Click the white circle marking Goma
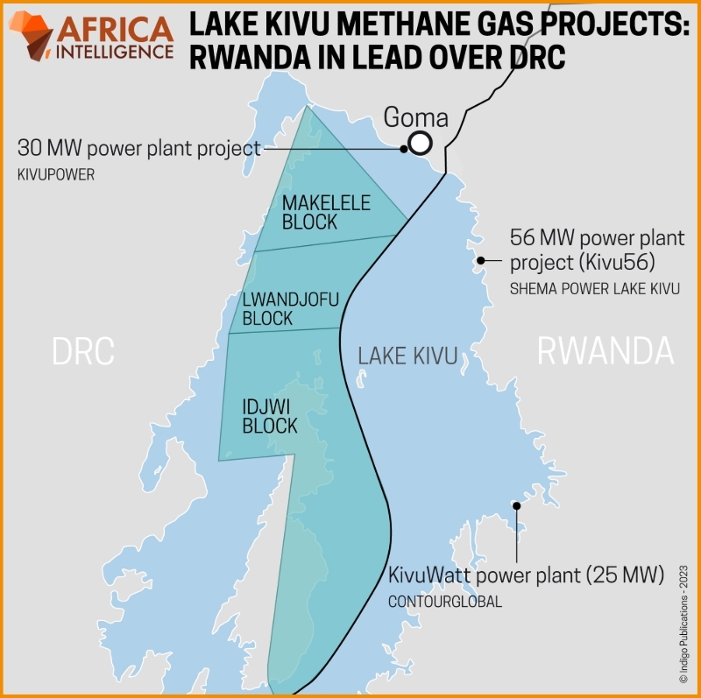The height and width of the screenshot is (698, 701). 421,143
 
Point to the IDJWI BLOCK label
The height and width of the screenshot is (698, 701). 269,416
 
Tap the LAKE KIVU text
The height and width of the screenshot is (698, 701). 407,356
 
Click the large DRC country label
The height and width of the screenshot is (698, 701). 83,351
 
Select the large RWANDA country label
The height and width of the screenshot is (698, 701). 605,351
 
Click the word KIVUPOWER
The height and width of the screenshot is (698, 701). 55,175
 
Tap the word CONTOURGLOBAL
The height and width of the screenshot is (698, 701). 445,601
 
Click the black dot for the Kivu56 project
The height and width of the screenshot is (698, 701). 480,260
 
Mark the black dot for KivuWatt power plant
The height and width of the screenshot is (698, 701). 517,506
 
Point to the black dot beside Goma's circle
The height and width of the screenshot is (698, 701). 404,148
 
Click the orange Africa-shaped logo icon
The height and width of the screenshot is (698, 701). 32,34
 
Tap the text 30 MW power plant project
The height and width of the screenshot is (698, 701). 138,148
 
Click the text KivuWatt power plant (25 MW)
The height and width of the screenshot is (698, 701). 526,576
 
